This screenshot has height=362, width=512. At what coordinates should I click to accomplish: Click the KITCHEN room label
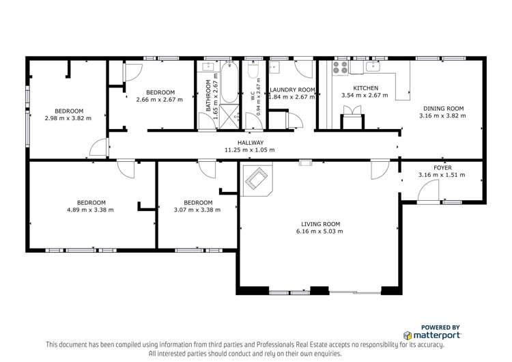(x=365, y=88)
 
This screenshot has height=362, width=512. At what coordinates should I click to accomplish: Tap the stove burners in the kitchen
(x=339, y=68)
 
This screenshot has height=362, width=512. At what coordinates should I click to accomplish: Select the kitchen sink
(x=373, y=67)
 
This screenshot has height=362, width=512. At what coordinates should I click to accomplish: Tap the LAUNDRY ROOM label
(x=292, y=89)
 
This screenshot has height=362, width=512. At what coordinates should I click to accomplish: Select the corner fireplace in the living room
(x=257, y=179)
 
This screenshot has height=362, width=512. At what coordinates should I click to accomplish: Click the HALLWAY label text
(x=249, y=143)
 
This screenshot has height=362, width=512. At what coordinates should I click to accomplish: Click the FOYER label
(x=442, y=167)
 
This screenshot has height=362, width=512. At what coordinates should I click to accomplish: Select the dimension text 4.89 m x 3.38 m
(x=90, y=210)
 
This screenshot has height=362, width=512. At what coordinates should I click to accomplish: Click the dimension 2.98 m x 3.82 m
(x=69, y=119)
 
